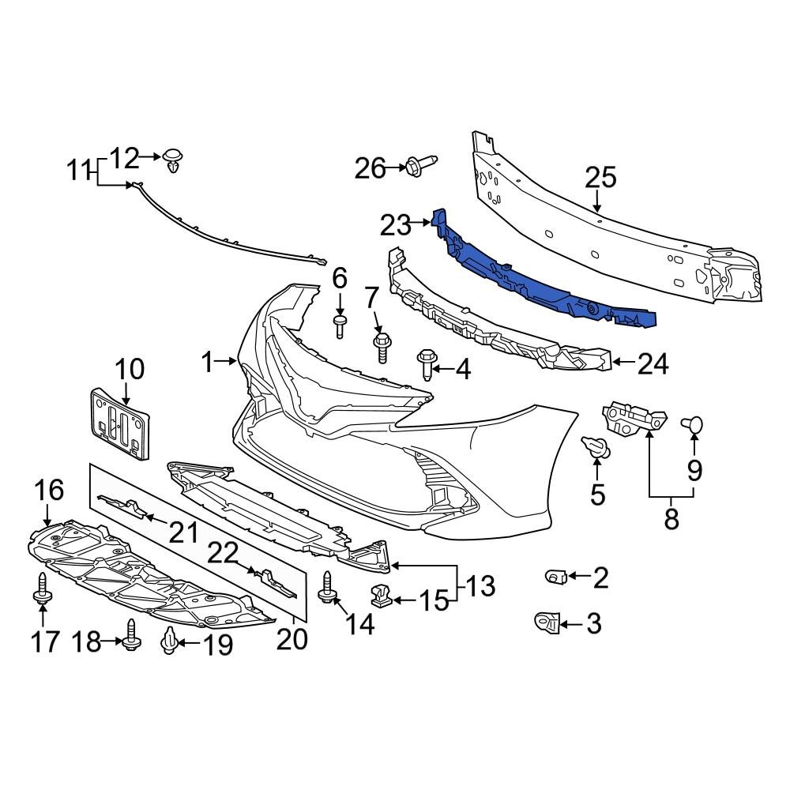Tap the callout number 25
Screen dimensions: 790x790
[x=600, y=179]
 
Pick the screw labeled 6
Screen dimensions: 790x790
[x=340, y=325]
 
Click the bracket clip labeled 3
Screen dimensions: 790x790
[x=547, y=623]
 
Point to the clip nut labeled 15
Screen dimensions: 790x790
[x=382, y=596]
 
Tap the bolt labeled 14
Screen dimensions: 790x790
[x=325, y=588]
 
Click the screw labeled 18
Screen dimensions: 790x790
[x=131, y=634]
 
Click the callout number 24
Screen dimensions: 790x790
[x=653, y=364]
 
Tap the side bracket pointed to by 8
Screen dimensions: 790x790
[x=634, y=416]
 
